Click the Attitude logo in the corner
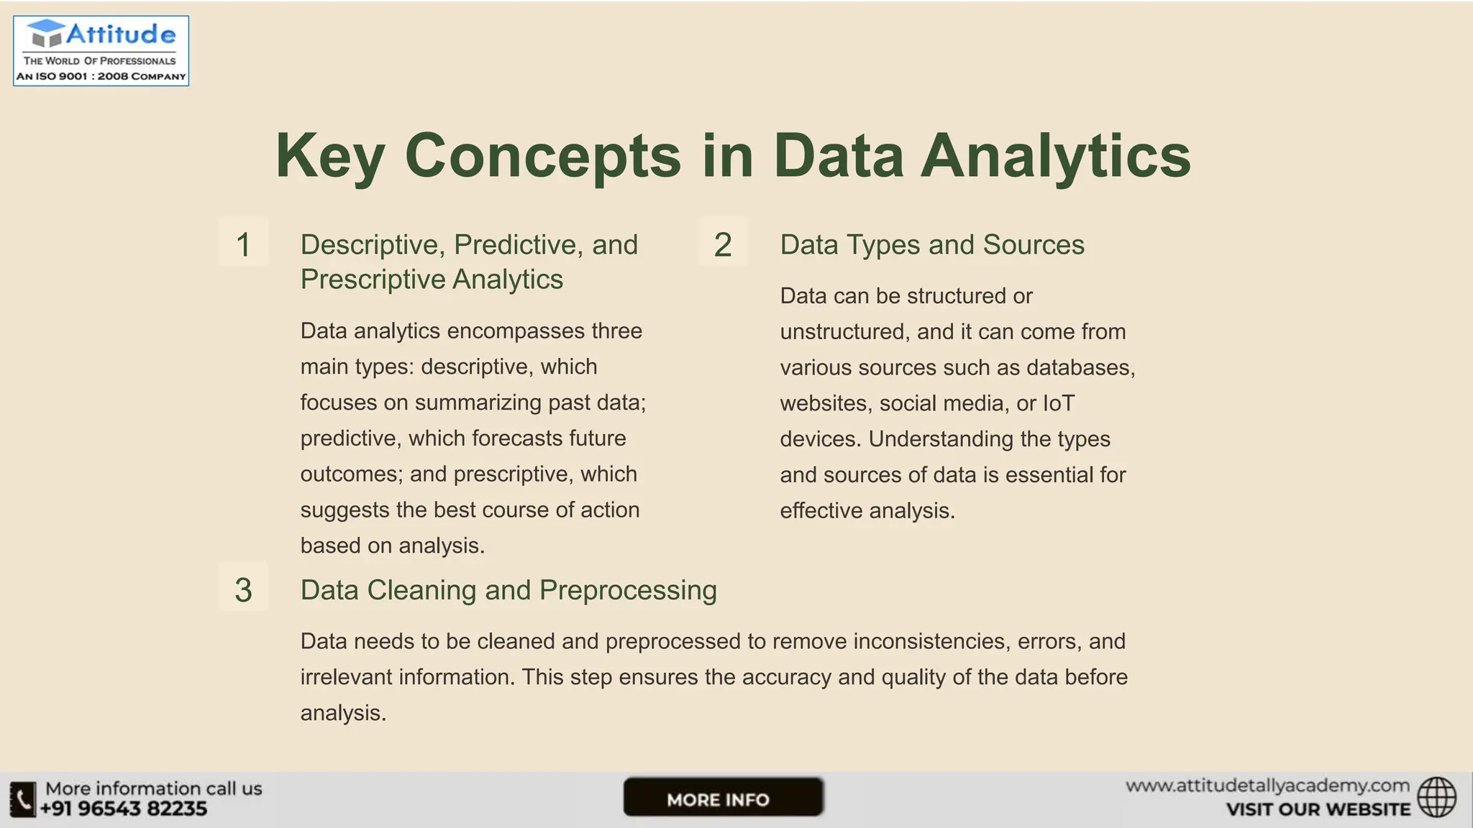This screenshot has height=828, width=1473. point(101,50)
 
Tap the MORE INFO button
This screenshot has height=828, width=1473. point(723,797)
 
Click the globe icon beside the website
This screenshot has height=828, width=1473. point(1436,797)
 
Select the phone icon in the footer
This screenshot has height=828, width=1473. point(23,799)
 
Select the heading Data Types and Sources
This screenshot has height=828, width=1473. point(932,244)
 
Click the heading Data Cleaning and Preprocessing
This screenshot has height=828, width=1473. point(509,590)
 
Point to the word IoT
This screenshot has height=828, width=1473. point(1058,403)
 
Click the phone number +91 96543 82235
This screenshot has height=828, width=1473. point(124,809)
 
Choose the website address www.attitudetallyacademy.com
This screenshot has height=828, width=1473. point(1267,786)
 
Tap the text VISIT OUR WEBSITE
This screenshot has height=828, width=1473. point(1318,809)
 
